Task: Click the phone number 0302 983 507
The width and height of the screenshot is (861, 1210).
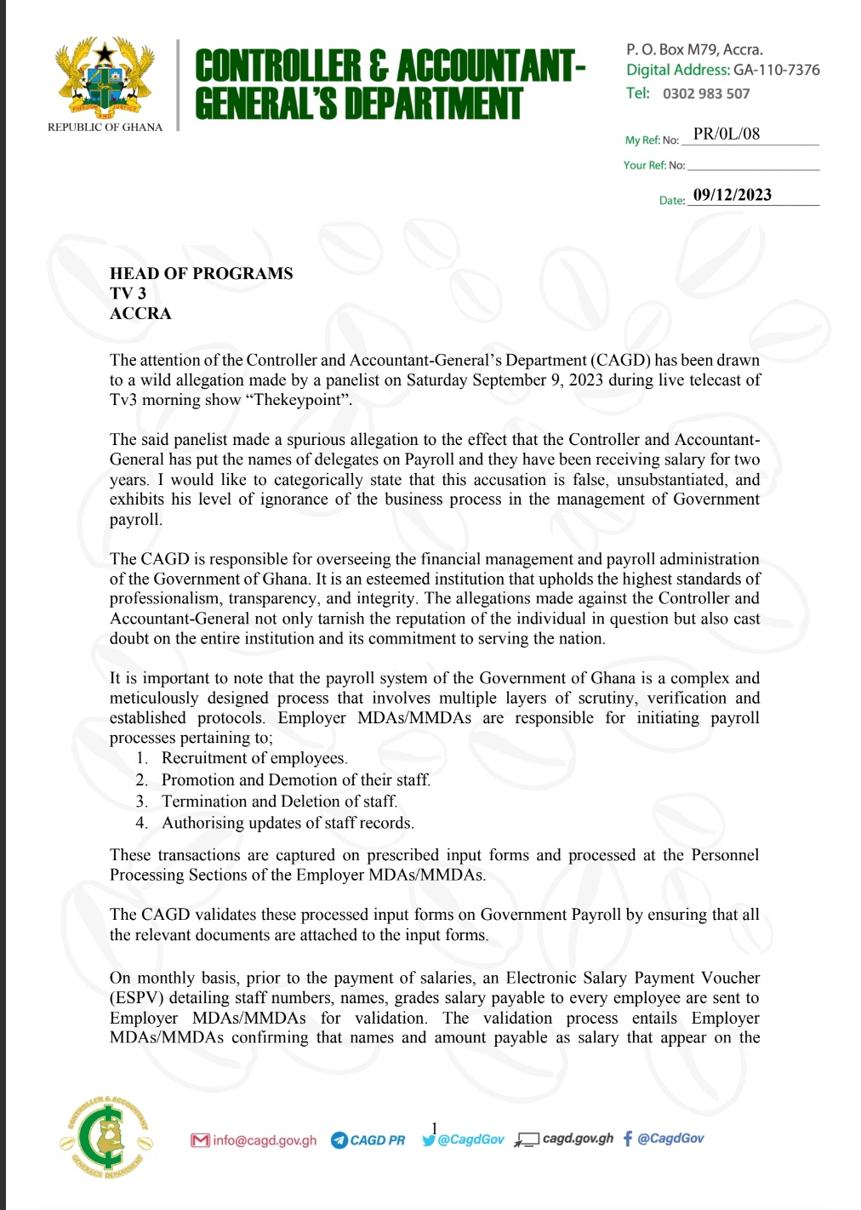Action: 706,94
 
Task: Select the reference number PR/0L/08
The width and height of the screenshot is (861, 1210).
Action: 727,134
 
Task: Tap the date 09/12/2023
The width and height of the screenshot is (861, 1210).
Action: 733,195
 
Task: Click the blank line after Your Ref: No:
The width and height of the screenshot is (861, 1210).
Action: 753,165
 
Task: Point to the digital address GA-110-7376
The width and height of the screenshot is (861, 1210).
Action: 777,70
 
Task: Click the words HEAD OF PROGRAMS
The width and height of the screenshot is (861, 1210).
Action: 201,273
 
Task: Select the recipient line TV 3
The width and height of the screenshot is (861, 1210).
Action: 128,294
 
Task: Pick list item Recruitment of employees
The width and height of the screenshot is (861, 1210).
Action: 254,758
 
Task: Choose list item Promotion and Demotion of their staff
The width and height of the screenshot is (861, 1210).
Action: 295,779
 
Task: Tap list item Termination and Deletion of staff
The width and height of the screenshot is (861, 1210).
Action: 279,801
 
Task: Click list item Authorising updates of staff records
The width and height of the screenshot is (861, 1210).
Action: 288,823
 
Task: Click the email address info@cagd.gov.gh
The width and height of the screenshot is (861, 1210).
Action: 265,1140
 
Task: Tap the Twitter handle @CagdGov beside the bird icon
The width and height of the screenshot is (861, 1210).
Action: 470,1139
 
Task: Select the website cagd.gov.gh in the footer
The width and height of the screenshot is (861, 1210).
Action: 578,1139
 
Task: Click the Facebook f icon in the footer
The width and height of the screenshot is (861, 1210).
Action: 628,1139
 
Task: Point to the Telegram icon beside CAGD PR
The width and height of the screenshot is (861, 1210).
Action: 339,1140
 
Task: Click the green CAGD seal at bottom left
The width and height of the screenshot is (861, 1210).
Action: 106,1136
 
